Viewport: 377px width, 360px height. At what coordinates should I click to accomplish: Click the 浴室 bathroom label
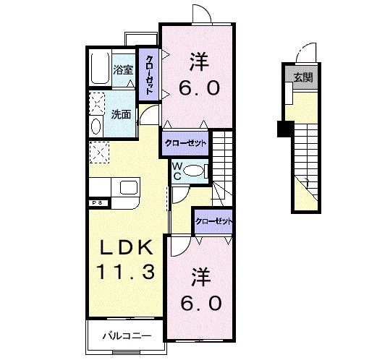[123, 70]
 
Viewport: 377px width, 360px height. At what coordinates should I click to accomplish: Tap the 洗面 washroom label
[122, 114]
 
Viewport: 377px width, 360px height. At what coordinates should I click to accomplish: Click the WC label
[176, 171]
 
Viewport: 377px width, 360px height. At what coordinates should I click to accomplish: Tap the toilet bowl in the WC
[194, 171]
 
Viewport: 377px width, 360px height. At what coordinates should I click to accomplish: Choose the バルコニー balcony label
[126, 335]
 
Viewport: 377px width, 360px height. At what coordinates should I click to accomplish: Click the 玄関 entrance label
[303, 77]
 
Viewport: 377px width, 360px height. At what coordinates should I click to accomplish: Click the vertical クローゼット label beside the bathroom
[149, 75]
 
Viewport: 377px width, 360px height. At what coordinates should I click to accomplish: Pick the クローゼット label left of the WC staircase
[186, 143]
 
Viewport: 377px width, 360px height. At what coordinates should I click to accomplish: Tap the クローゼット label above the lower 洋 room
[214, 220]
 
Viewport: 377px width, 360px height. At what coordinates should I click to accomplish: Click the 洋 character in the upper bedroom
[199, 58]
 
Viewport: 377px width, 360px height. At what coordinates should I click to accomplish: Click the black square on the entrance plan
[284, 129]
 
